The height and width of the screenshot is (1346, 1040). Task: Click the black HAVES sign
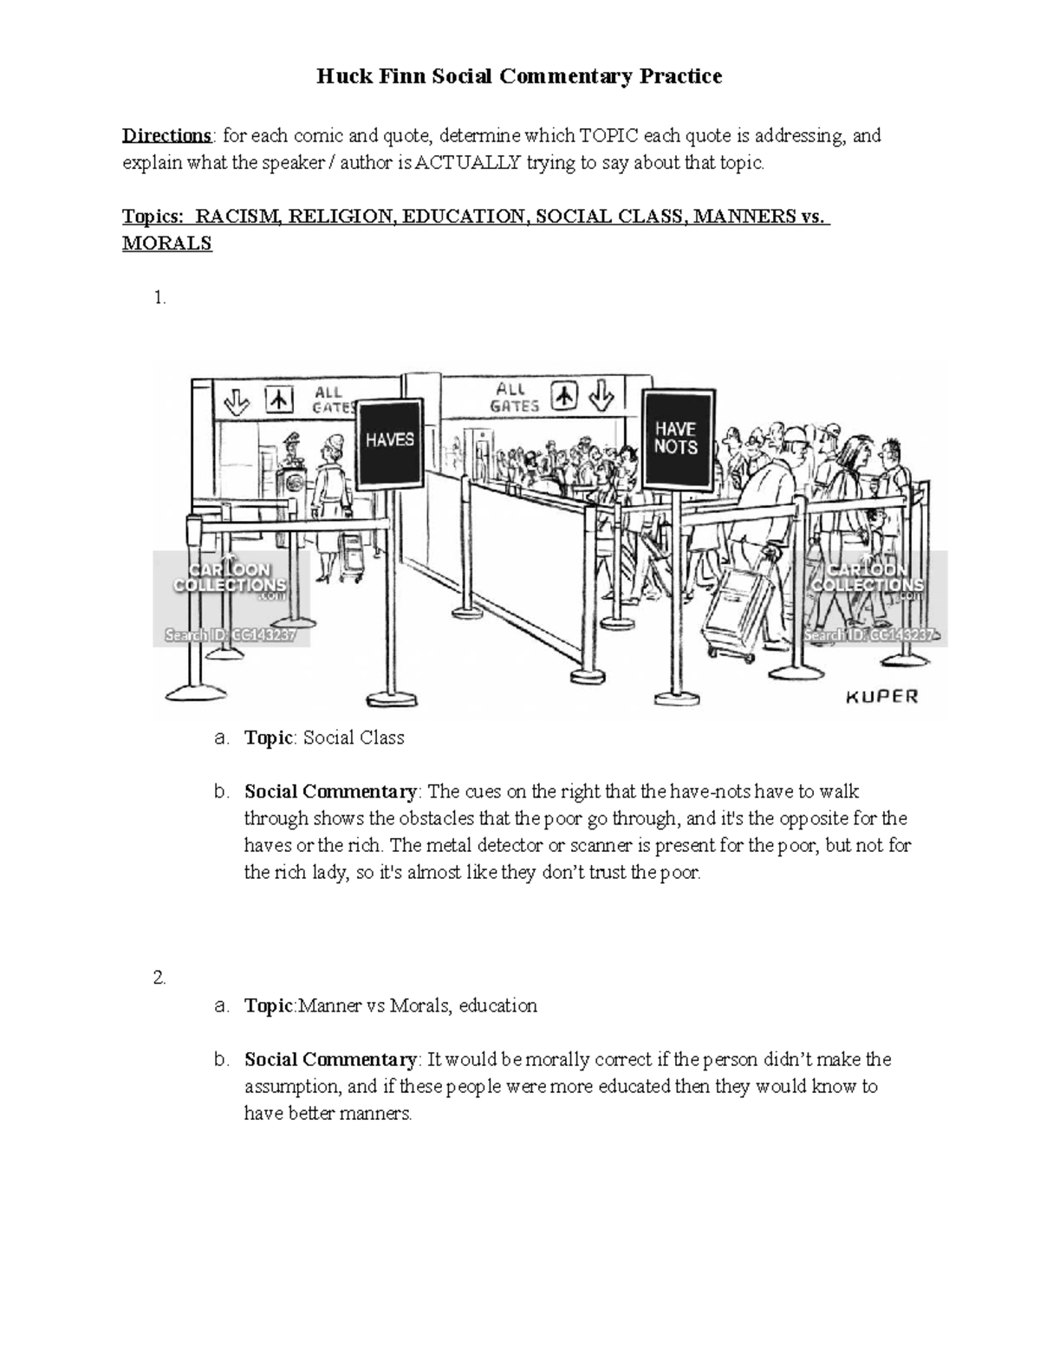click(389, 440)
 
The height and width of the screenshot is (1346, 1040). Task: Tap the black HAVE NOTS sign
click(676, 438)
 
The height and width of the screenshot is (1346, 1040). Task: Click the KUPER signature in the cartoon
click(880, 696)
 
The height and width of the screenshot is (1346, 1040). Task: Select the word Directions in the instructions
click(166, 136)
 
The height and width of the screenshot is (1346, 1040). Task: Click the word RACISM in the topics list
click(239, 217)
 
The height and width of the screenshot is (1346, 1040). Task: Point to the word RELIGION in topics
click(340, 217)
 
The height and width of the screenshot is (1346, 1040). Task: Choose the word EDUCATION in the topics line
click(463, 217)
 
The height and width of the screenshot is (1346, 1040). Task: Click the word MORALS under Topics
click(166, 244)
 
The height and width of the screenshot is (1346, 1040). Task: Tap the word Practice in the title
click(680, 76)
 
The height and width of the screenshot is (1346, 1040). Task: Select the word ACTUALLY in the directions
click(468, 163)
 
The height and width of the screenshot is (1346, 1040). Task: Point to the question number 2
click(158, 979)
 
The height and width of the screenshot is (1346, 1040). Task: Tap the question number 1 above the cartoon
click(158, 298)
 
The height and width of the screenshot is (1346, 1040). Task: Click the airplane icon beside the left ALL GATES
click(279, 400)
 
